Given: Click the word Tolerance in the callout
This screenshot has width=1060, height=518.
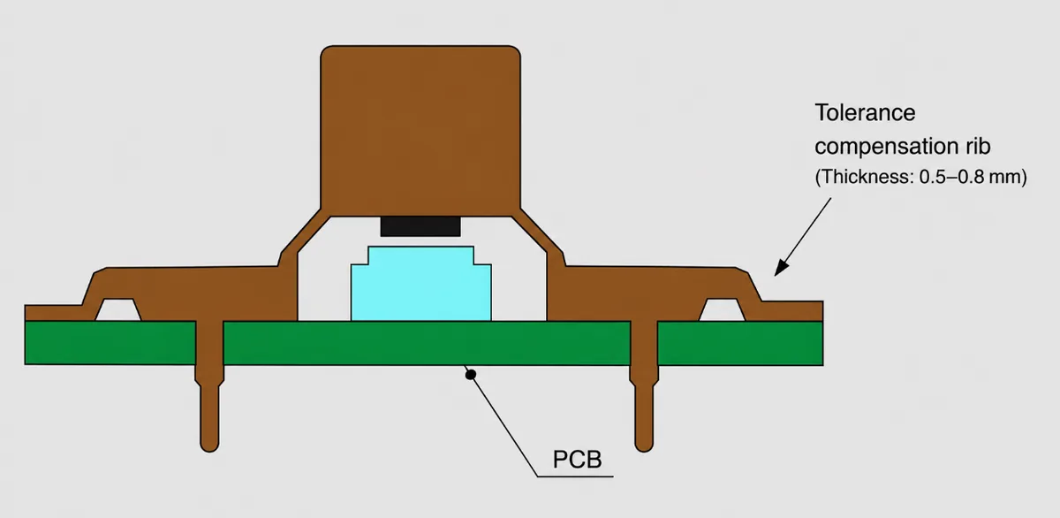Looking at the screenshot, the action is click(865, 113).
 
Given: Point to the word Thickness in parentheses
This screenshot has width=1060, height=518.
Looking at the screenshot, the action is click(865, 177).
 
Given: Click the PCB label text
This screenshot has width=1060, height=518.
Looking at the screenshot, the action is click(578, 460).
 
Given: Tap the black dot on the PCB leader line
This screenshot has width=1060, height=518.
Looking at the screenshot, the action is click(470, 375).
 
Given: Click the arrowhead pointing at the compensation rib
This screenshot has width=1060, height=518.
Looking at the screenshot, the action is click(780, 268).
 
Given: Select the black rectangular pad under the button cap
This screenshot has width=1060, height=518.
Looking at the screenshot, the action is click(420, 226).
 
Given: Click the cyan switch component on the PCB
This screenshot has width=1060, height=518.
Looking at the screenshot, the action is click(421, 284).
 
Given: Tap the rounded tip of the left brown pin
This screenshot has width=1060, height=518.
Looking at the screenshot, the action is click(209, 446).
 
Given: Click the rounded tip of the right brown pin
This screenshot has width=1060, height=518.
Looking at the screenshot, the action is click(644, 446).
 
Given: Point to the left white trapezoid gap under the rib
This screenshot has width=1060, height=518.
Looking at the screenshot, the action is click(118, 309).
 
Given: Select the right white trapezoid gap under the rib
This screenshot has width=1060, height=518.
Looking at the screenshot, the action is click(723, 309).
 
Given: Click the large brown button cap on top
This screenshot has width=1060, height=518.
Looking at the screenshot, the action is click(420, 130).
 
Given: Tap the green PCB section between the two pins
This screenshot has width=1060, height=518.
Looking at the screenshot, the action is click(426, 343).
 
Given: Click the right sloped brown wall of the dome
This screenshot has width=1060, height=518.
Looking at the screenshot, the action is click(541, 234).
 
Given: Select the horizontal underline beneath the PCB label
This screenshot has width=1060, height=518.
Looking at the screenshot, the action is click(575, 476).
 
